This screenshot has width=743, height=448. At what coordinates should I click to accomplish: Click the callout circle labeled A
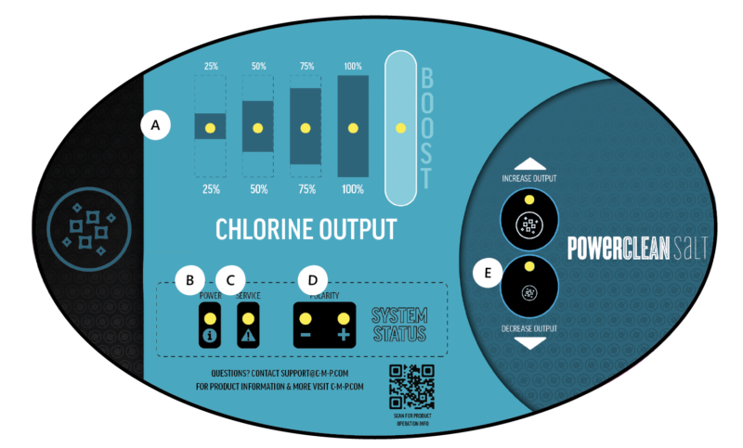click(x=155, y=123)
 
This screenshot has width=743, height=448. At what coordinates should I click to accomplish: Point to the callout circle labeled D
click(x=312, y=279)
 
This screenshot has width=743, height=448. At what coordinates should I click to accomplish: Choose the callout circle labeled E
click(x=485, y=273)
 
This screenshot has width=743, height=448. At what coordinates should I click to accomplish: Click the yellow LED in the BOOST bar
click(x=401, y=127)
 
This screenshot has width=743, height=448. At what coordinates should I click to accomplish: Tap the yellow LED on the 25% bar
click(x=210, y=127)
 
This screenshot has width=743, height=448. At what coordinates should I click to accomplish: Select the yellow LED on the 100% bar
click(x=353, y=127)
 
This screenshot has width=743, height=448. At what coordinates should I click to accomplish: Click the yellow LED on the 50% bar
click(x=257, y=127)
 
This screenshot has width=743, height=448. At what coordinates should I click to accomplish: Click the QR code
click(x=412, y=389)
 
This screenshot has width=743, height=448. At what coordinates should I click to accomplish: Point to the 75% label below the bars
click(x=306, y=189)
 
